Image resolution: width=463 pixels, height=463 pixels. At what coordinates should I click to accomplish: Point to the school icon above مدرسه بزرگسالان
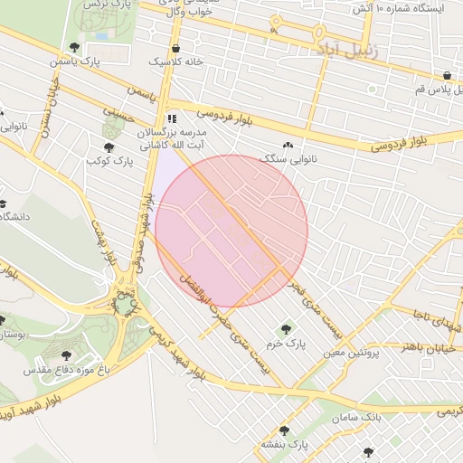point(172,118)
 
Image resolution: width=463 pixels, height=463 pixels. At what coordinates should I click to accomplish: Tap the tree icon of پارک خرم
point(288,329)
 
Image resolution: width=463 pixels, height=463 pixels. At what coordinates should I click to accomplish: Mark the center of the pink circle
point(231,231)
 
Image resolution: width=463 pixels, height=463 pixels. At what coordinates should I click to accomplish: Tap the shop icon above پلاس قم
point(448,75)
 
